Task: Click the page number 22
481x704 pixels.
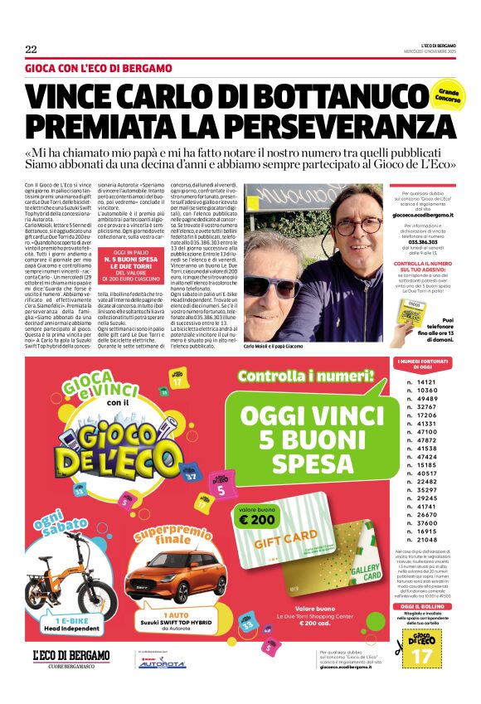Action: coord(31,49)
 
